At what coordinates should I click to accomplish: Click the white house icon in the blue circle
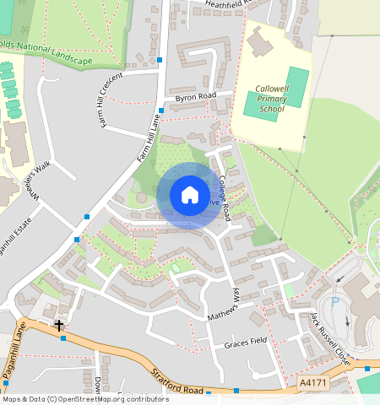[x=190, y=195]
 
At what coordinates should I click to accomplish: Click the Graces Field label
[x=245, y=344]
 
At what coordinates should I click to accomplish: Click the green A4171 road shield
[x=312, y=384]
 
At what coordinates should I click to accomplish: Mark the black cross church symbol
[x=59, y=325]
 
